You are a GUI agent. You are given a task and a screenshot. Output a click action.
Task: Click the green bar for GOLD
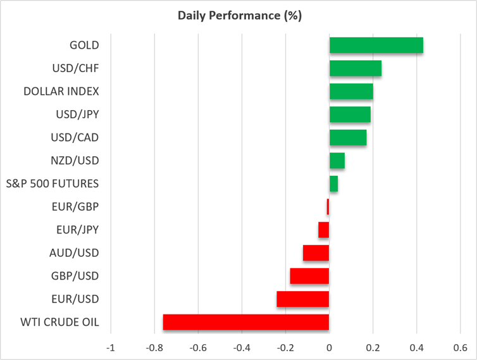pyautogui.click(x=376, y=45)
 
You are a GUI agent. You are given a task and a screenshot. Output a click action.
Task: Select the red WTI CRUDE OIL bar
pyautogui.click(x=246, y=322)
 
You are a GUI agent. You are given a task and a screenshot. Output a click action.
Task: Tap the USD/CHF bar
pyautogui.click(x=356, y=68)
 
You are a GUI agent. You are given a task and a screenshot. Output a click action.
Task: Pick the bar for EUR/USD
pyautogui.click(x=303, y=299)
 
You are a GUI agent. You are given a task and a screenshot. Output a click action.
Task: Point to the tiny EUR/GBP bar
pyautogui.click(x=328, y=207)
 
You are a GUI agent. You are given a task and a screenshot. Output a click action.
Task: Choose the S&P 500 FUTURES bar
pyautogui.click(x=334, y=183)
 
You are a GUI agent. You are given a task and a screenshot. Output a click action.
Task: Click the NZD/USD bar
pyautogui.click(x=337, y=160)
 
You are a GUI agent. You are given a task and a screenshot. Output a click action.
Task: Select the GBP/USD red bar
pyautogui.click(x=310, y=276)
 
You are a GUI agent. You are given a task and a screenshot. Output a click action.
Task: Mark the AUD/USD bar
pyautogui.click(x=316, y=252)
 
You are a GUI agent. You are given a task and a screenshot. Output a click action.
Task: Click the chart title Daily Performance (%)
pyautogui.click(x=240, y=16)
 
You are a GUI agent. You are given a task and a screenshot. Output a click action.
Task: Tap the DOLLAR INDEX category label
pyautogui.click(x=61, y=91)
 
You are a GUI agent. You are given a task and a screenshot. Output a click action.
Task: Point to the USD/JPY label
pyautogui.click(x=78, y=115)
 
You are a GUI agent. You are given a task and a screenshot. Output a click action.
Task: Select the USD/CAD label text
pyautogui.click(x=75, y=137)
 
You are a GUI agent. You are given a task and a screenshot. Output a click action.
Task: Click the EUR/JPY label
pyautogui.click(x=78, y=230)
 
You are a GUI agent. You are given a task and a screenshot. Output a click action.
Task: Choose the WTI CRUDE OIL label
pyautogui.click(x=59, y=322)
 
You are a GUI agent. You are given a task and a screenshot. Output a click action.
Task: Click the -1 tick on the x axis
pyautogui.click(x=111, y=347)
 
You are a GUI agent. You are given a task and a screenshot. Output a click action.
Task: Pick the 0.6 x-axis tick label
pyautogui.click(x=461, y=347)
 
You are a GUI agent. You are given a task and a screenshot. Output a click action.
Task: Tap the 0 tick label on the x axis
pyautogui.click(x=329, y=347)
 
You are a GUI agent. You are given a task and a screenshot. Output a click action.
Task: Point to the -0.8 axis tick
pyautogui.click(x=154, y=347)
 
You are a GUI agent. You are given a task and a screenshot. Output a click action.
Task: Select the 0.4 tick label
pyautogui.click(x=417, y=347)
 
